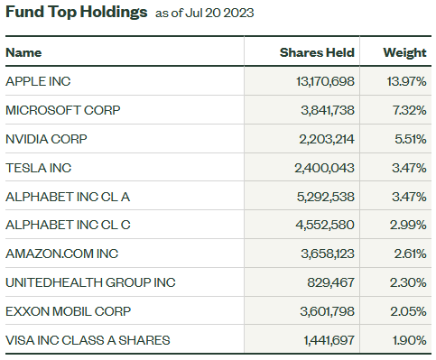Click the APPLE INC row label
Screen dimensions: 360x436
[x=38, y=81]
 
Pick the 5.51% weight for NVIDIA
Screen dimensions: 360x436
[x=409, y=139]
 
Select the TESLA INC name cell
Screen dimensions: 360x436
[x=38, y=168]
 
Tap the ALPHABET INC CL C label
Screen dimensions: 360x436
[x=63, y=225]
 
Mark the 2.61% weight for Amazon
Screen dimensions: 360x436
[x=409, y=254]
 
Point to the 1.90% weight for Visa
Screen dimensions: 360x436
[x=409, y=340]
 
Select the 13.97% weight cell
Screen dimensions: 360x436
[x=406, y=81]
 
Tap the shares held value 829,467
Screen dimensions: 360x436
[x=329, y=282]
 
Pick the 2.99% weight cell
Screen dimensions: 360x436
[x=409, y=225]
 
